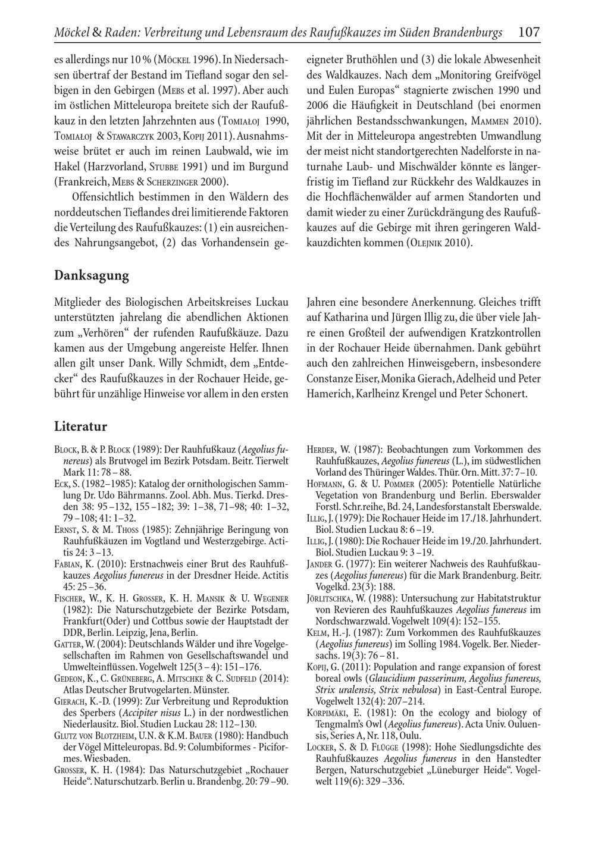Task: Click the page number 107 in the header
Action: point(528,32)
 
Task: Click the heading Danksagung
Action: point(91,275)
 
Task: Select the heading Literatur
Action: point(80,426)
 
